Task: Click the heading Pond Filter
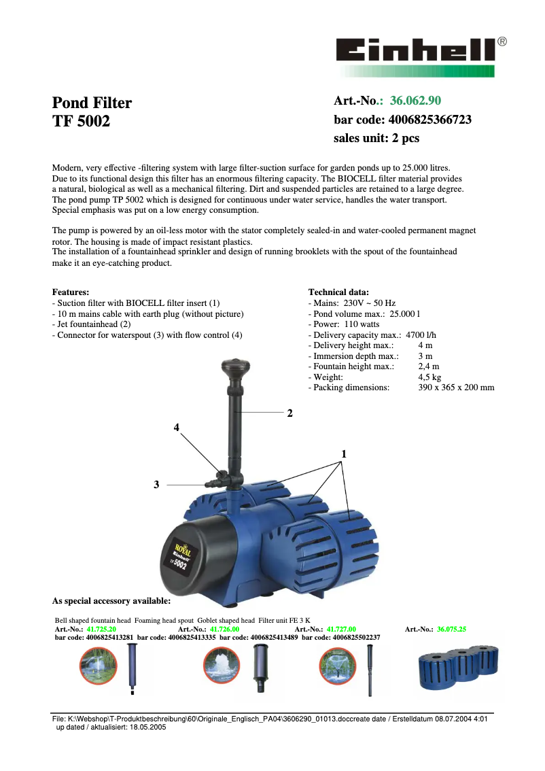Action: pyautogui.click(x=92, y=103)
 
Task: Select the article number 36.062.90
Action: pyautogui.click(x=415, y=101)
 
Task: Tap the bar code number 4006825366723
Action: pyautogui.click(x=429, y=120)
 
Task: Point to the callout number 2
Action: pyautogui.click(x=289, y=413)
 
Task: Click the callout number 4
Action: pyautogui.click(x=177, y=428)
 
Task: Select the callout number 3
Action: pyautogui.click(x=156, y=484)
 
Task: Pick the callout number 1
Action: pyautogui.click(x=344, y=453)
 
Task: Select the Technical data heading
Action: pyautogui.click(x=339, y=292)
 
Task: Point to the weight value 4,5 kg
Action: pyautogui.click(x=429, y=377)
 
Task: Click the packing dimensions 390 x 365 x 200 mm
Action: pyautogui.click(x=456, y=388)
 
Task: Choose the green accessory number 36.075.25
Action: pyautogui.click(x=452, y=630)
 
